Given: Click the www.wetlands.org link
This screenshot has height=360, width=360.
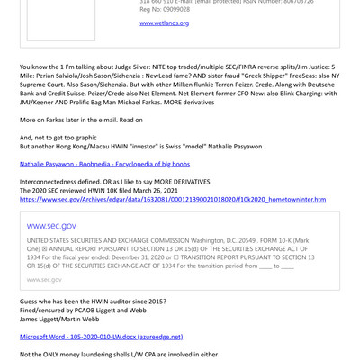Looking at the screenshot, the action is click(x=164, y=22).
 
